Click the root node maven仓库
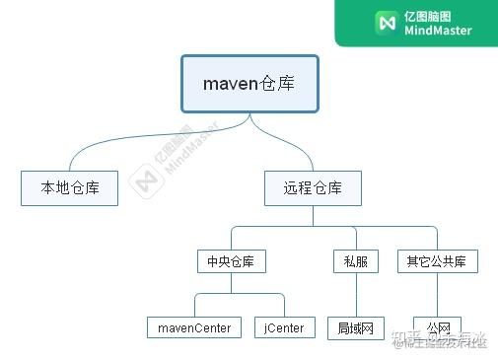pyautogui.click(x=249, y=84)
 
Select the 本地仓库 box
pyautogui.click(x=69, y=188)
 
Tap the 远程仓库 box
pyautogui.click(x=313, y=188)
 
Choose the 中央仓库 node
pyautogui.click(x=232, y=261)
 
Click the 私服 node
pyautogui.click(x=355, y=261)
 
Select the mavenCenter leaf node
pyautogui.click(x=194, y=326)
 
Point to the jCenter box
pyautogui.click(x=284, y=326)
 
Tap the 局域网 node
pyautogui.click(x=355, y=326)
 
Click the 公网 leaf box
pyautogui.click(x=437, y=326)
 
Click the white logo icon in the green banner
pyautogui.click(x=387, y=22)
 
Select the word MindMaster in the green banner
pyautogui.click(x=438, y=31)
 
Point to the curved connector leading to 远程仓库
pyautogui.click(x=296, y=148)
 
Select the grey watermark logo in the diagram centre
pyautogui.click(x=148, y=183)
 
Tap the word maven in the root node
pyautogui.click(x=229, y=84)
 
